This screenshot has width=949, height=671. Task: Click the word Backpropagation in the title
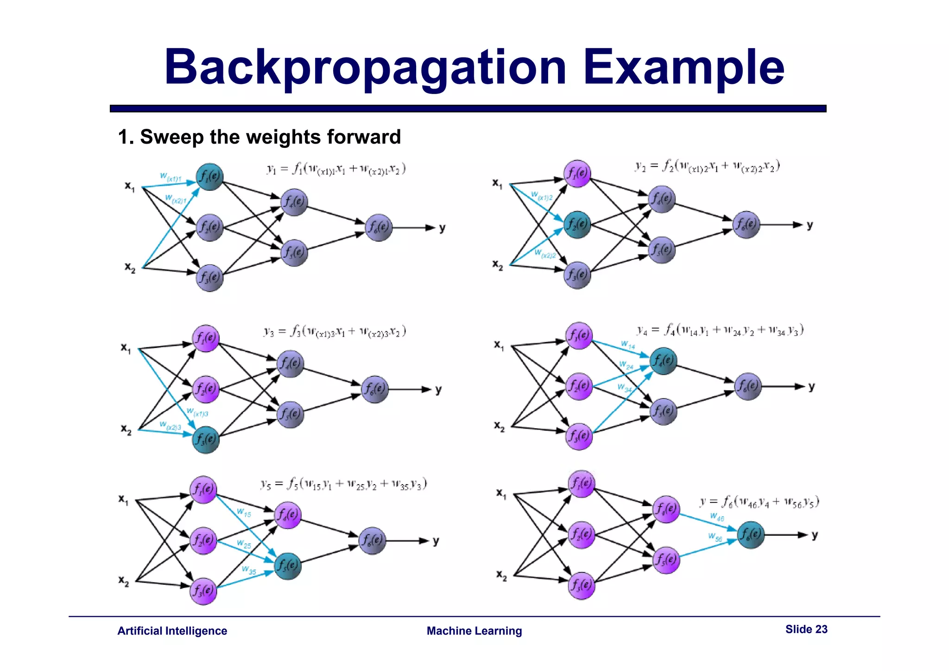click(x=365, y=68)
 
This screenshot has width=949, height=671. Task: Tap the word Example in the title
click(x=683, y=68)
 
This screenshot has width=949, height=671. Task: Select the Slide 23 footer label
click(x=806, y=629)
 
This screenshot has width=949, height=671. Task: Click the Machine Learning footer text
click(x=474, y=631)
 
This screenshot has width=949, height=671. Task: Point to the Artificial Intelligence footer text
click(x=172, y=631)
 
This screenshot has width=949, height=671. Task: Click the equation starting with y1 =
click(x=336, y=169)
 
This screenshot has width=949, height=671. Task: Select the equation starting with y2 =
click(x=707, y=166)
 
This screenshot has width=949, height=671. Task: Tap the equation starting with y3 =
click(x=335, y=332)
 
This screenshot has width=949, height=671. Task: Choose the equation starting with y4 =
click(x=720, y=330)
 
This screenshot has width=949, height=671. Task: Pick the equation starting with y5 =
click(x=343, y=485)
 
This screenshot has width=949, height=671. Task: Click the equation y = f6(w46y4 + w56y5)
click(x=759, y=502)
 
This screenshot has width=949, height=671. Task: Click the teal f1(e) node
click(x=209, y=177)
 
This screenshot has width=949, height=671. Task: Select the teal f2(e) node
click(x=577, y=224)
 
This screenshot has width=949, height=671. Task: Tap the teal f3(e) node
click(x=206, y=439)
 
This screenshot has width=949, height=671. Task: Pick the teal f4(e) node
click(x=664, y=361)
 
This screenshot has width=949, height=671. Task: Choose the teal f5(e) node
click(x=288, y=566)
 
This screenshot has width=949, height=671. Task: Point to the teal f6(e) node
click(x=751, y=535)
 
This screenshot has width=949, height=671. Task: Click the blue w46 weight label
click(x=716, y=517)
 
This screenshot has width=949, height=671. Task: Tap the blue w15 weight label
click(x=244, y=513)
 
